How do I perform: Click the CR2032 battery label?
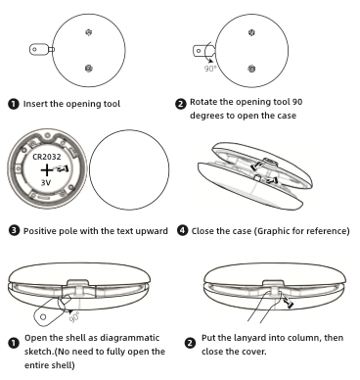[x=47, y=157]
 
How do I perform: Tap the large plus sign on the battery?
[x=47, y=170]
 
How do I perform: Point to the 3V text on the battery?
[x=46, y=182]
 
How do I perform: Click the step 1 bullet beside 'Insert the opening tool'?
[x=13, y=104]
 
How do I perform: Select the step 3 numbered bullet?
[x=15, y=230]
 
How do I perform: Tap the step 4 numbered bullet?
[x=183, y=230]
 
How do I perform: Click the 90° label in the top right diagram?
[x=210, y=69]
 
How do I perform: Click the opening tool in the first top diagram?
[x=42, y=50]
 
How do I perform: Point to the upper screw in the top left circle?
[x=88, y=32]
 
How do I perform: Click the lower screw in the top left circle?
[x=88, y=69]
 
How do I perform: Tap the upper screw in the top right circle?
[x=251, y=32]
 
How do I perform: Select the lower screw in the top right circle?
[x=251, y=69]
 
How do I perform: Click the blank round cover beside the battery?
[x=129, y=169]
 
